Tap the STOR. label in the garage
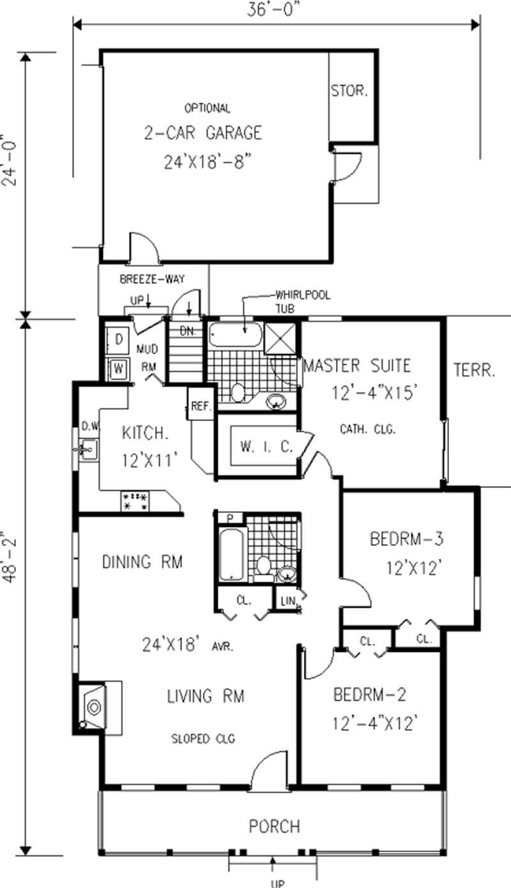click(349, 91)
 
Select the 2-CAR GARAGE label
click(202, 133)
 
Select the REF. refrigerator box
click(201, 406)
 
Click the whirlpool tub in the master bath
click(236, 333)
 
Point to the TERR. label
click(474, 370)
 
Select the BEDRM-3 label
click(406, 540)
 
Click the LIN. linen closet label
click(285, 601)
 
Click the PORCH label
click(274, 826)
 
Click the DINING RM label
click(142, 562)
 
